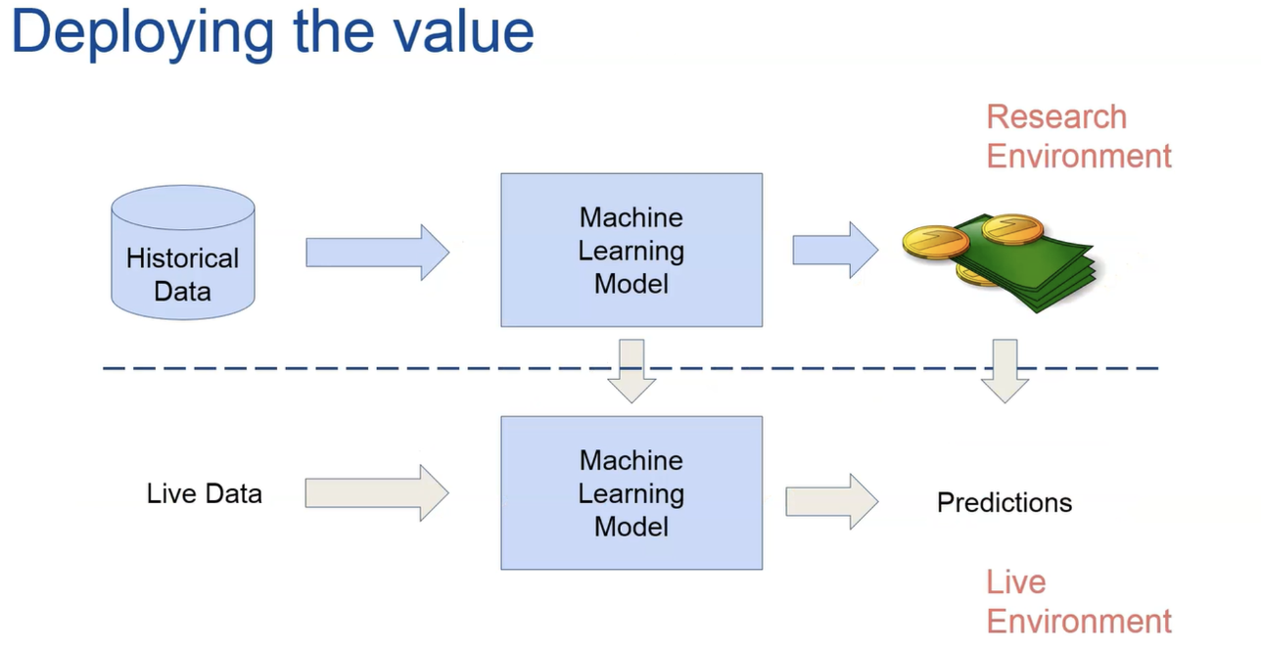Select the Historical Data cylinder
tap(183, 253)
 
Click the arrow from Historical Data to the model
tap(377, 253)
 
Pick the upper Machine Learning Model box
tap(631, 250)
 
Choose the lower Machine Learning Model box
tap(631, 492)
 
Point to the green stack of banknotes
tap(1028, 269)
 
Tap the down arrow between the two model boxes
tap(631, 370)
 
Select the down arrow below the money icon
tap(1004, 370)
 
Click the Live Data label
tap(205, 493)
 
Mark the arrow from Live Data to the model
tap(377, 493)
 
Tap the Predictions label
tap(1004, 502)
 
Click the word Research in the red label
tap(1056, 117)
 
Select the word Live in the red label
tap(1016, 582)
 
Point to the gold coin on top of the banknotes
tap(1012, 230)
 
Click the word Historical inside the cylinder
tap(183, 258)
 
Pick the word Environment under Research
tap(1079, 157)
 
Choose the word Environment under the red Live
tap(1079, 622)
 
